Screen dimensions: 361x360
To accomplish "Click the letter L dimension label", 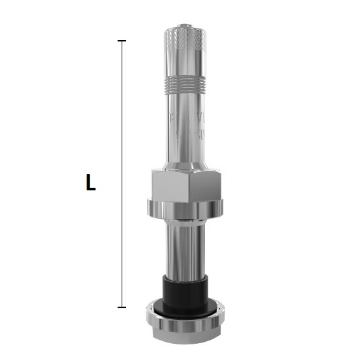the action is pyautogui.click(x=91, y=183).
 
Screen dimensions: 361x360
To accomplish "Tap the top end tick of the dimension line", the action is pyautogui.click(x=122, y=41).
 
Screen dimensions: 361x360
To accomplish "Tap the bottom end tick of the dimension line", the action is pyautogui.click(x=122, y=307).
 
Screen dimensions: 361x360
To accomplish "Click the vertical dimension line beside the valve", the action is pyautogui.click(x=122, y=174).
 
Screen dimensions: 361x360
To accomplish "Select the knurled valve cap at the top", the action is pyautogui.click(x=185, y=51).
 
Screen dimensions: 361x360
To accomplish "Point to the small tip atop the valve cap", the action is pyautogui.click(x=185, y=25).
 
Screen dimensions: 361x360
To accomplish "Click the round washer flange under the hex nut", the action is pyautogui.click(x=185, y=210).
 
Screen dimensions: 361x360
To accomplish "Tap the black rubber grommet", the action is pyautogui.click(x=185, y=291).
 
